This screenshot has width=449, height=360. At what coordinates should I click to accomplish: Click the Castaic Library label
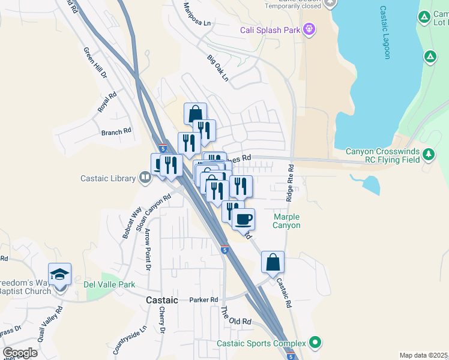click(x=109, y=178)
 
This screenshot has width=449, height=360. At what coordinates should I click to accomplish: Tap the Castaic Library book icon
click(x=145, y=178)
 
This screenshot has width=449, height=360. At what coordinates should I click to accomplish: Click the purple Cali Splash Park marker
click(x=309, y=28)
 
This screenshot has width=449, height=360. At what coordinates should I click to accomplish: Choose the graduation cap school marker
click(x=60, y=274)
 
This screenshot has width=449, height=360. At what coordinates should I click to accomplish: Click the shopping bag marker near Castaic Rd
click(x=273, y=262)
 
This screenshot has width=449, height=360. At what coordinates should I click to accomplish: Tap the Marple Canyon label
click(x=287, y=221)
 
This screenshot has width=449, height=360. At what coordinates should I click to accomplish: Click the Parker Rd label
click(x=203, y=300)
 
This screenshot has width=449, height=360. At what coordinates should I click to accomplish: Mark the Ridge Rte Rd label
click(x=290, y=182)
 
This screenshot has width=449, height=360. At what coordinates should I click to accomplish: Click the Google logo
click(x=20, y=353)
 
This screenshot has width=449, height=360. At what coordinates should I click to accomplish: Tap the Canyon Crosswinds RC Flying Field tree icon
click(x=428, y=155)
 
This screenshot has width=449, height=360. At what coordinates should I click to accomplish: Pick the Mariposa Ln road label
click(x=198, y=14)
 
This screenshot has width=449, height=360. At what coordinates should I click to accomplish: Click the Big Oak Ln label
click(x=218, y=68)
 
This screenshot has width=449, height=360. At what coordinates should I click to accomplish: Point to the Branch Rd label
click(x=116, y=132)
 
